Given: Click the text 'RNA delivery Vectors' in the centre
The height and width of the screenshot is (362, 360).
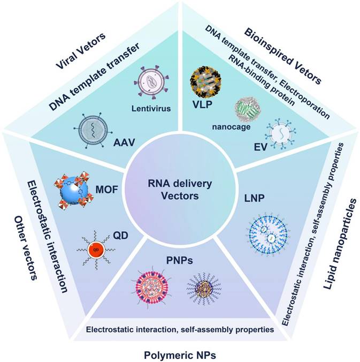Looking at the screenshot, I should point(180,190).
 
